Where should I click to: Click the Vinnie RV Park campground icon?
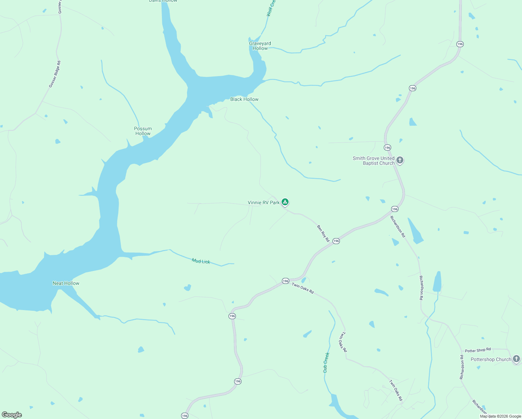click(285, 202)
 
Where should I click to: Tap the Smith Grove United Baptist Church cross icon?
click(400, 160)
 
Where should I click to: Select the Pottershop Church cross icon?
click(516, 359)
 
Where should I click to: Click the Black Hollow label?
click(244, 100)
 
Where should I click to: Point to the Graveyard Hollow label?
click(260, 46)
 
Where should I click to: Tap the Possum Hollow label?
click(143, 131)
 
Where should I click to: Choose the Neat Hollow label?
click(66, 283)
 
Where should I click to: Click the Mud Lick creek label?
click(201, 261)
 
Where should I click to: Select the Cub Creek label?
click(326, 362)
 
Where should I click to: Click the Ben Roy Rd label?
click(323, 233)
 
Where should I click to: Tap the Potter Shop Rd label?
click(478, 350)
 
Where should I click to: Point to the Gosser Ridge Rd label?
click(55, 74)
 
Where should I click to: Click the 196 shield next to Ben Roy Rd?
click(336, 241)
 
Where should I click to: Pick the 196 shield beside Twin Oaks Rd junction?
click(285, 281)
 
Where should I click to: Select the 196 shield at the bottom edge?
click(185, 416)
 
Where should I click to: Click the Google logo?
click(12, 415)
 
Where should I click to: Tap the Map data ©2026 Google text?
click(500, 416)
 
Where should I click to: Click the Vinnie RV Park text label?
click(263, 203)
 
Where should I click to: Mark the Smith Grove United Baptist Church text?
click(373, 161)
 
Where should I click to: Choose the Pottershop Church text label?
click(491, 359)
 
